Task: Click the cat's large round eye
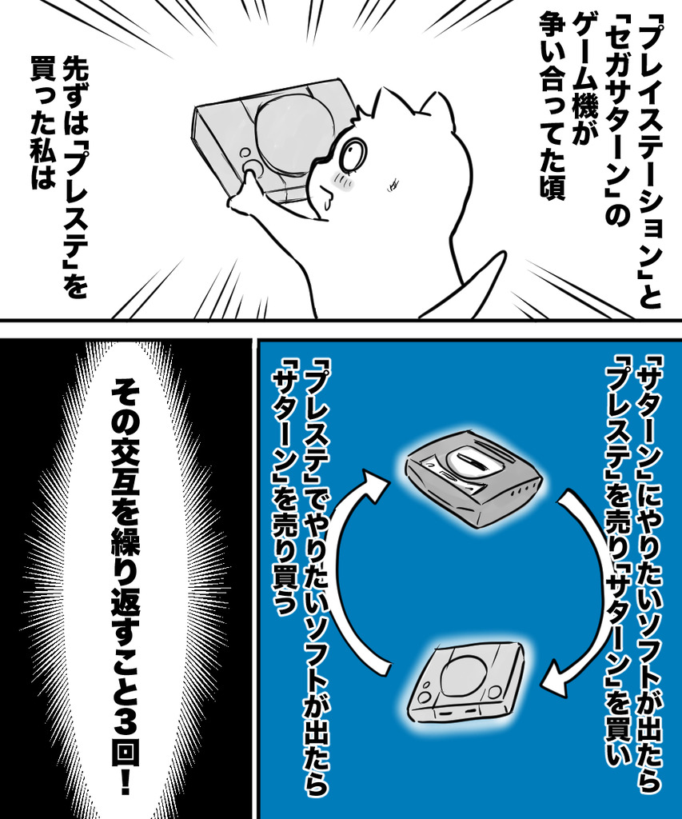click(353, 154)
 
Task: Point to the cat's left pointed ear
click(388, 104)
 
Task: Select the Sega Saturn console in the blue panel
click(473, 477)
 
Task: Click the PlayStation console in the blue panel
click(466, 681)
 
